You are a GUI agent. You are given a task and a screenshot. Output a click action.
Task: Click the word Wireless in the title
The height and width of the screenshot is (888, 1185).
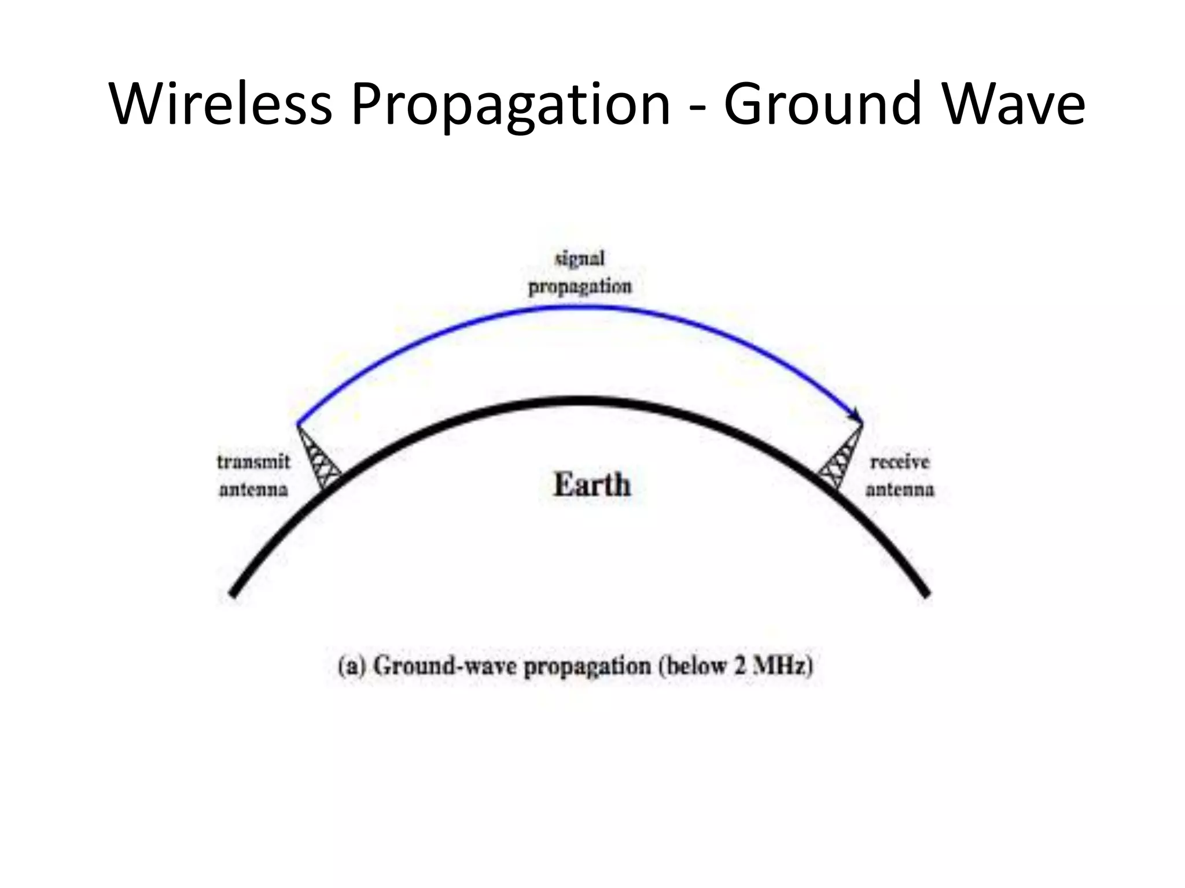click(x=220, y=104)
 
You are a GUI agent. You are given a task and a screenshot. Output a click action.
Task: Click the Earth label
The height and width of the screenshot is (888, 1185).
click(x=592, y=484)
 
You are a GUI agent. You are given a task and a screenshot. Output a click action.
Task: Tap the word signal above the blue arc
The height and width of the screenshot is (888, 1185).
click(x=580, y=258)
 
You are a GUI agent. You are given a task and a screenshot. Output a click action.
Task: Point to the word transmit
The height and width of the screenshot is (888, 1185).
click(x=253, y=462)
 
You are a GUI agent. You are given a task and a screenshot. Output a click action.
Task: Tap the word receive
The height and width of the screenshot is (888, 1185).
click(x=900, y=462)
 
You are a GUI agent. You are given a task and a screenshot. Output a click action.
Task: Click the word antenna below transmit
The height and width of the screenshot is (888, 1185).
click(x=253, y=490)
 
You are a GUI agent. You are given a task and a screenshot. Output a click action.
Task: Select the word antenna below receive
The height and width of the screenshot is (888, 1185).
click(x=900, y=490)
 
